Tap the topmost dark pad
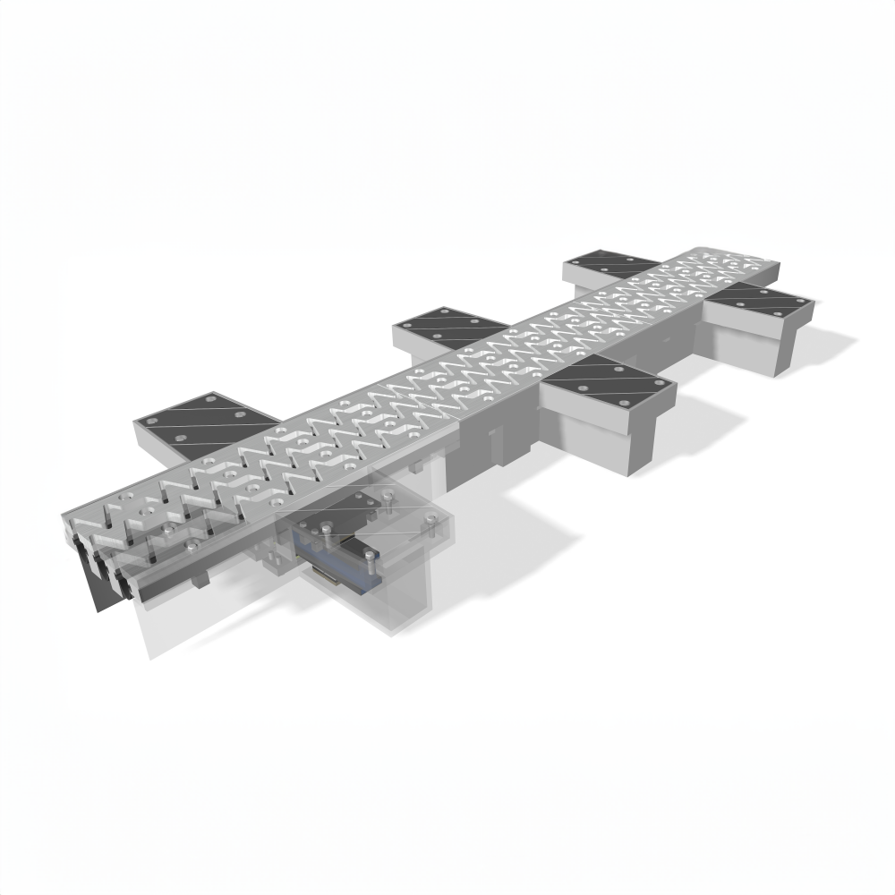pyautogui.click(x=616, y=265)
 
